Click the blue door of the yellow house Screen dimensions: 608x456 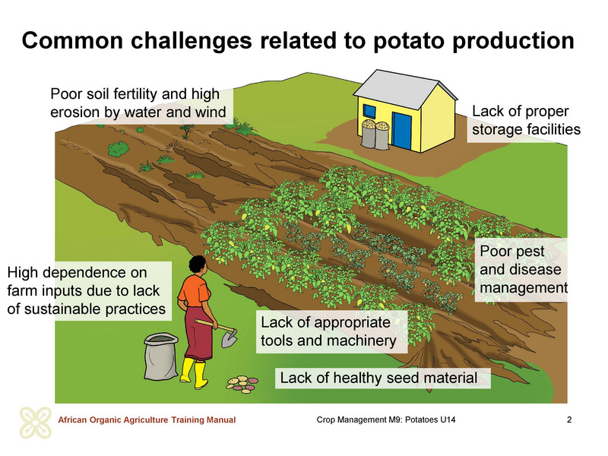(402, 131)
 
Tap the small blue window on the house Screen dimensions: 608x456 (369, 112)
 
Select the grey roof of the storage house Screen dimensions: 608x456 (405, 89)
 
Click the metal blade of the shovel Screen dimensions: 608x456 (229, 338)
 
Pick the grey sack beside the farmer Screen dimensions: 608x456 (161, 356)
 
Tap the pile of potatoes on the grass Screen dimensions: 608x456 (242, 385)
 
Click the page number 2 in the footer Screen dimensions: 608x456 (569, 420)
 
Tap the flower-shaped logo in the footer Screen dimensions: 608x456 (36, 423)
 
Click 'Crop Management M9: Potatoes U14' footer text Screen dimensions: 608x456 (386, 420)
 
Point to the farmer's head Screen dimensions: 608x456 (198, 264)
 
